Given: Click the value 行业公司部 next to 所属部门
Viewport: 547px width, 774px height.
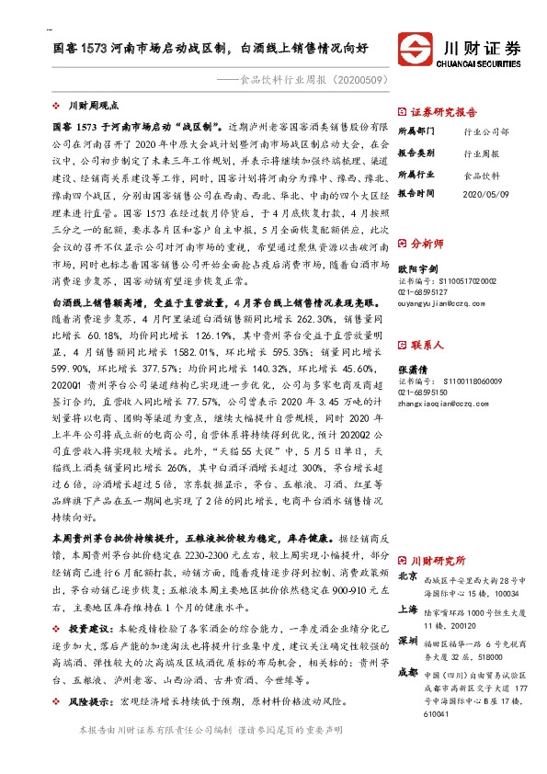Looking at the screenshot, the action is click(x=485, y=132).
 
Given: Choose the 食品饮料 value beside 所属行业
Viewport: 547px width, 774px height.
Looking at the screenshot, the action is click(x=479, y=174).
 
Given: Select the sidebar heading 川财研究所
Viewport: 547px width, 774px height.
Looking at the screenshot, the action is click(x=438, y=560).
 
